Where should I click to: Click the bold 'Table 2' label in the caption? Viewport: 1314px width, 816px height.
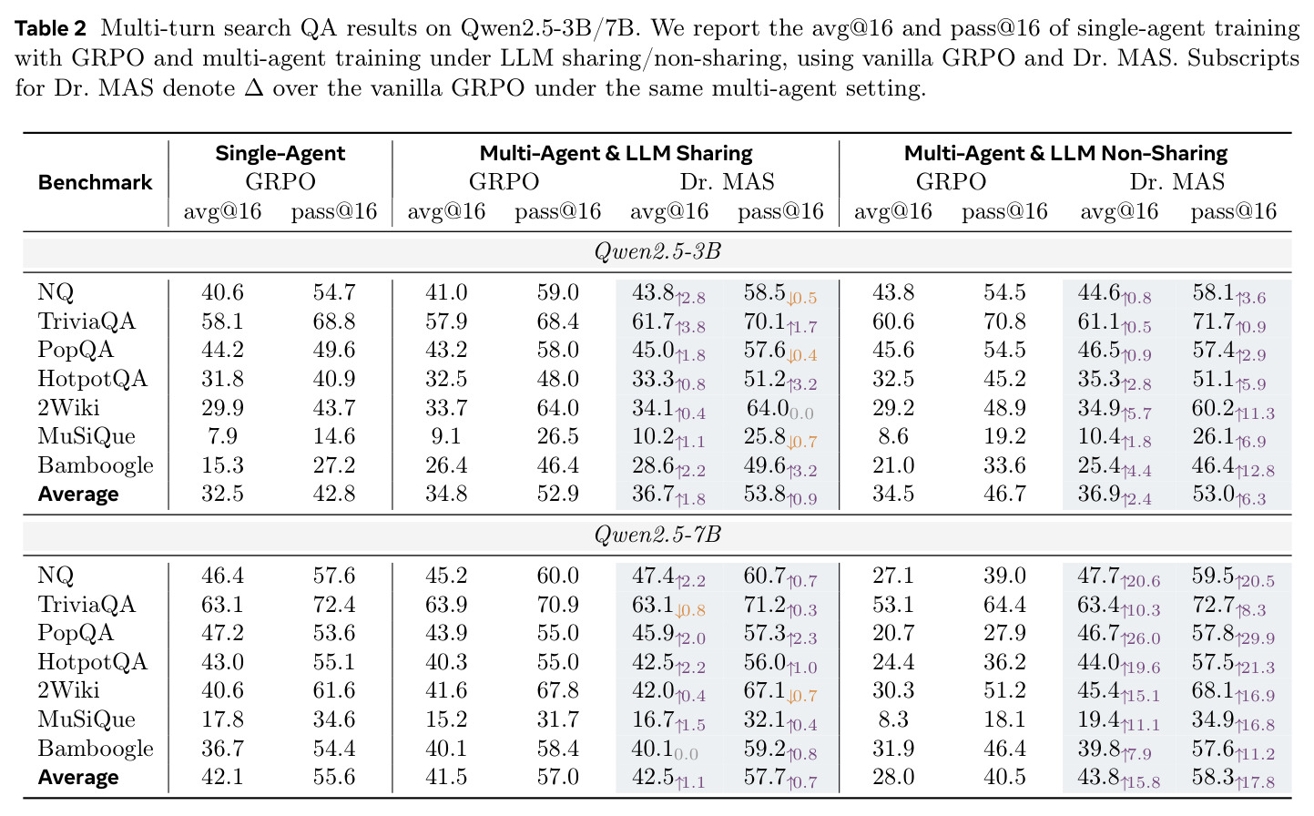tap(50, 28)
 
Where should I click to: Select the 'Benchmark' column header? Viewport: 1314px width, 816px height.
tap(95, 182)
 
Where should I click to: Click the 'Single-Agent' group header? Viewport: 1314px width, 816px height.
tap(280, 154)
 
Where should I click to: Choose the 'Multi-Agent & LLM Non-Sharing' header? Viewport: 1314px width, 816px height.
tap(1065, 154)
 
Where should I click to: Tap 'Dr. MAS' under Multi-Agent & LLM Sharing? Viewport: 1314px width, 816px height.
tap(727, 182)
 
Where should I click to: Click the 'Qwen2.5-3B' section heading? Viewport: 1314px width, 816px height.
tap(657, 251)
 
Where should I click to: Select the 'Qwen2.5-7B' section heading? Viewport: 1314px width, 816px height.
tap(657, 535)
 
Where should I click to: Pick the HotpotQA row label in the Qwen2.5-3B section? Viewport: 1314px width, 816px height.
tap(92, 378)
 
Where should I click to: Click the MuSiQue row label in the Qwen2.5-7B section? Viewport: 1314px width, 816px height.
tap(87, 719)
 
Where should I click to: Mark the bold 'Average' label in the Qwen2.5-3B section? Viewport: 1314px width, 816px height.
tap(78, 494)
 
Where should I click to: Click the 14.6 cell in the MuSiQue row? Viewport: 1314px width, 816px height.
tap(334, 436)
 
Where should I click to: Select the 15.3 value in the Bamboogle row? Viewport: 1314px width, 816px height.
tap(222, 465)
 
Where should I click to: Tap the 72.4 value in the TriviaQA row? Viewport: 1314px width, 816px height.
tap(334, 604)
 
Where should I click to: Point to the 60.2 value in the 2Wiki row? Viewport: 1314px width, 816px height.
tap(1212, 408)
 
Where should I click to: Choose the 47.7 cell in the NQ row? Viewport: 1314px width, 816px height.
tap(1097, 576)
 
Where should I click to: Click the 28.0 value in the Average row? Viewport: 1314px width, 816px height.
tap(892, 777)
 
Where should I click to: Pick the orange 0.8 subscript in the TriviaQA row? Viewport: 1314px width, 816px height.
tap(690, 611)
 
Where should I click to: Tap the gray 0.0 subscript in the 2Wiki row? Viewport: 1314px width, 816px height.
tap(801, 414)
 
